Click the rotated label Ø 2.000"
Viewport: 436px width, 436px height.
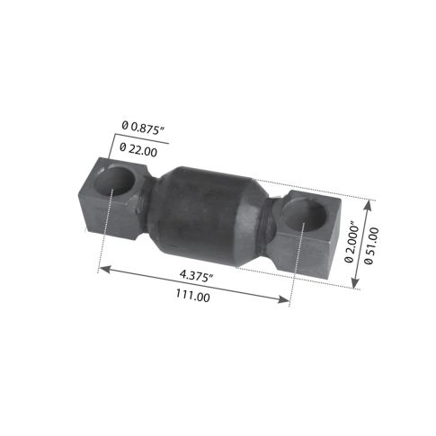[x=349, y=242]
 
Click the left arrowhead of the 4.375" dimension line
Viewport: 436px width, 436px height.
[x=102, y=268]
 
